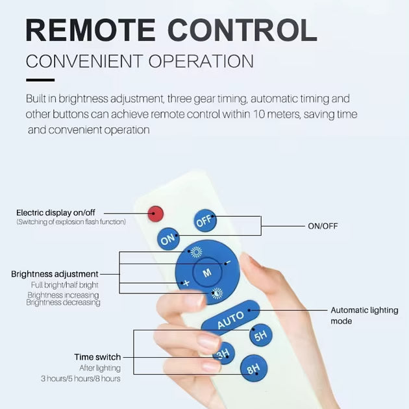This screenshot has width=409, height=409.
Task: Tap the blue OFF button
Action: tap(204, 222)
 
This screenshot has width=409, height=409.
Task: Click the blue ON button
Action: tap(169, 240)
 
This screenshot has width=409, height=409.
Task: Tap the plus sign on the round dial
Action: tap(186, 283)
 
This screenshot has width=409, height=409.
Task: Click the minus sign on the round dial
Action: tap(228, 262)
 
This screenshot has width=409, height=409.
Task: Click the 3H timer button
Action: tap(223, 354)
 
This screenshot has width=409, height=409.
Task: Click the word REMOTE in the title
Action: tap(92, 31)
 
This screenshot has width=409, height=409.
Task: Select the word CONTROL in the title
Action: tap(243, 31)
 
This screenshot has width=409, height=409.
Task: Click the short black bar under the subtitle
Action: tap(40, 80)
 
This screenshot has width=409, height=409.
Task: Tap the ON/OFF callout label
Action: tap(323, 226)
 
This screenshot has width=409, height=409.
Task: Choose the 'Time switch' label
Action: tap(97, 357)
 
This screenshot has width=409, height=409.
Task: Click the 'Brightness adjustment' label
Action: tap(55, 274)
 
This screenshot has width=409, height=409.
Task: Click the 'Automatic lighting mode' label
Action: tap(364, 316)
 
